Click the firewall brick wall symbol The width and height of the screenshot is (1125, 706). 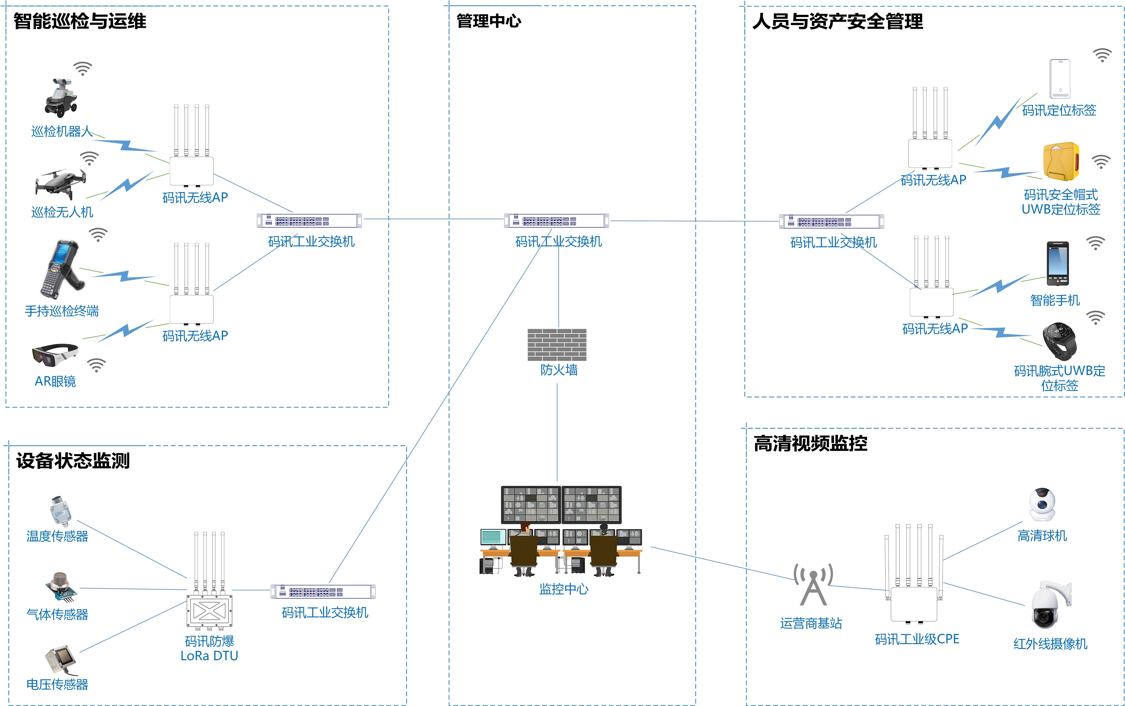(x=557, y=345)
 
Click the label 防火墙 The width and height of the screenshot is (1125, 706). (x=559, y=370)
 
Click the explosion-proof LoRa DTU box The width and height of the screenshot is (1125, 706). (x=209, y=610)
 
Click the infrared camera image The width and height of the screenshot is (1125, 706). (x=1050, y=605)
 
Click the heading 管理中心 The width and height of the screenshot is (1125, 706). (x=488, y=21)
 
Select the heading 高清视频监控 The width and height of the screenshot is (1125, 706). (x=810, y=444)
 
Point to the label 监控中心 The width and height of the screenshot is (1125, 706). (x=563, y=589)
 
